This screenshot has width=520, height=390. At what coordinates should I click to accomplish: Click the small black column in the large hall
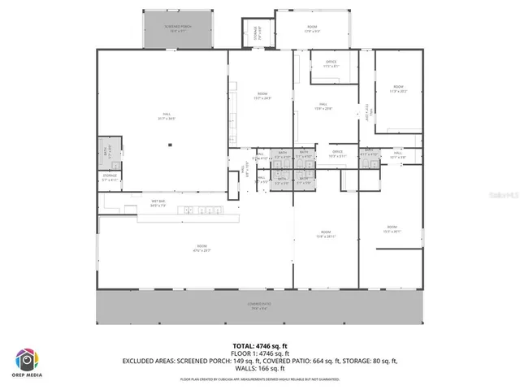tap(171, 145)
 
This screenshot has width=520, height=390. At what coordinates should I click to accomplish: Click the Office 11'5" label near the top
tap(330, 66)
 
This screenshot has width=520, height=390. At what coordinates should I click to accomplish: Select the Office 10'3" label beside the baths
tap(336, 153)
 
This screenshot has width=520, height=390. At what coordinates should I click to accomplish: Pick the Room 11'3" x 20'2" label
tap(398, 89)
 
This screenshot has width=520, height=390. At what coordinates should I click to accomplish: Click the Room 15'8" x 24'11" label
tap(325, 234)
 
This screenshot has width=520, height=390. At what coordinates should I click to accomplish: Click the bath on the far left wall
tap(109, 152)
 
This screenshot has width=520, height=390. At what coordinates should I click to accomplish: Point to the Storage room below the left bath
tap(110, 177)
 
